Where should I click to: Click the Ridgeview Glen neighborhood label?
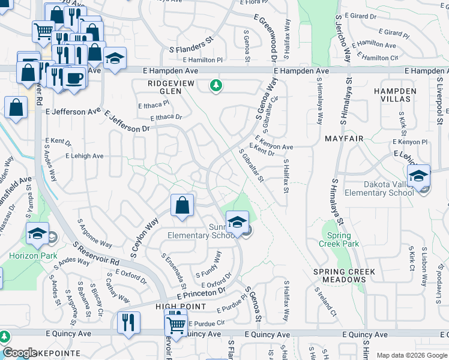[161, 87]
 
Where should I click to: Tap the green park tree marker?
[215, 87]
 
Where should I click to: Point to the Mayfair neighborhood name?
[345, 139]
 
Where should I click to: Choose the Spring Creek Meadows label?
[345, 275]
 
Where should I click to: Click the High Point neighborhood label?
[181, 307]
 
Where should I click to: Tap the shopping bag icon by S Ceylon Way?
[182, 205]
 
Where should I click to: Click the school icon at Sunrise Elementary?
[237, 221]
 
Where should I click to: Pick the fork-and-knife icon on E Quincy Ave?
[128, 322]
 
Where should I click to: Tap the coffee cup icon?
[74, 79]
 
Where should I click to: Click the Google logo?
[20, 353]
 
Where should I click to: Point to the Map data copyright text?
[412, 355]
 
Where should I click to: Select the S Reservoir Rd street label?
[95, 254]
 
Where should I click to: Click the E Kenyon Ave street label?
[274, 144]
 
